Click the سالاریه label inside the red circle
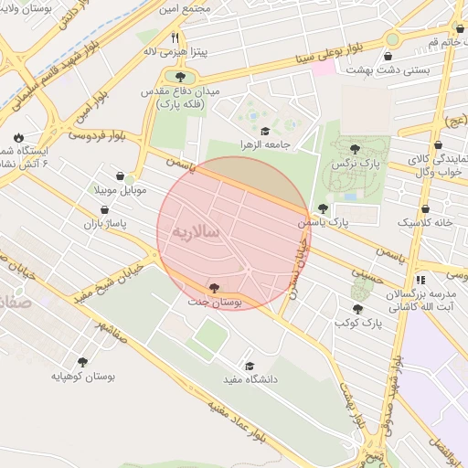pyautogui.click(x=194, y=232)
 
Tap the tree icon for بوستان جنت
pyautogui.click(x=215, y=287)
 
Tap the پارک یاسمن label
pyautogui.click(x=324, y=222)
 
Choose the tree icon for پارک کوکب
pyautogui.click(x=357, y=309)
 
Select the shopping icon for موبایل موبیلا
pyautogui.click(x=121, y=176)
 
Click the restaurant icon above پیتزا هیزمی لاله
pyautogui.click(x=175, y=37)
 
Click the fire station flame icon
pyautogui.click(x=18, y=137)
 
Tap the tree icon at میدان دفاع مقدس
pyautogui.click(x=180, y=78)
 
